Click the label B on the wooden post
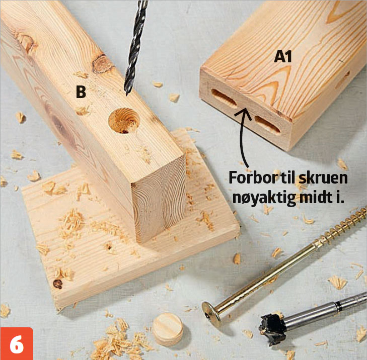pos(81,92)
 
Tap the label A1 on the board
pos(283,57)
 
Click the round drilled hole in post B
pos(124,120)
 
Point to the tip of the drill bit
pos(127,94)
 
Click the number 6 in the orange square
pos(17,344)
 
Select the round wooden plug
pos(168,329)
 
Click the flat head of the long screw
pos(211,314)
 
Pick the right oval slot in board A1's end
pos(267,124)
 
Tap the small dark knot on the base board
pos(57,284)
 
